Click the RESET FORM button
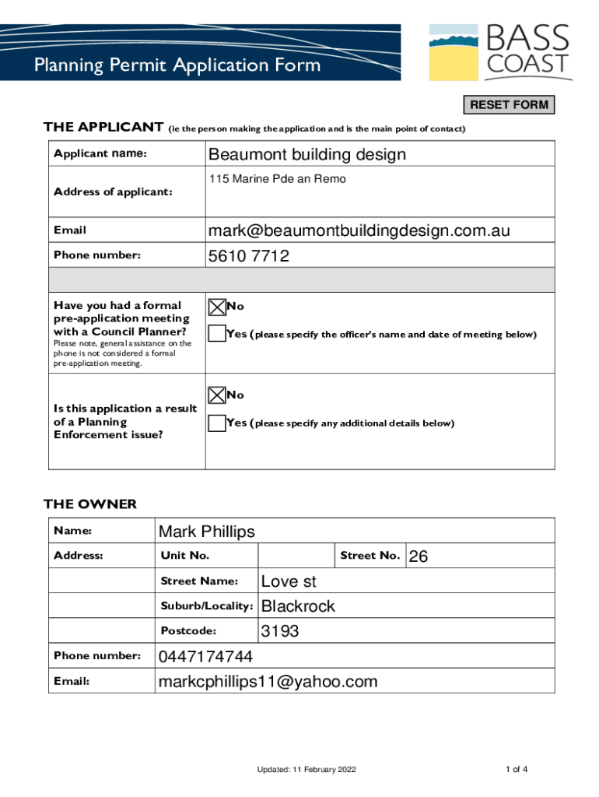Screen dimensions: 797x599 pos(510,105)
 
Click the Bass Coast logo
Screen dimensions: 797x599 pos(500,52)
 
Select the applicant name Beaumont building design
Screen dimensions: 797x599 pos(307,154)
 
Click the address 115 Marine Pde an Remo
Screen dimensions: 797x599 pos(277,179)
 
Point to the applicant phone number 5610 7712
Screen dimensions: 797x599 pos(249,255)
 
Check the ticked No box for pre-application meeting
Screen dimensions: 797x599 pos(217,307)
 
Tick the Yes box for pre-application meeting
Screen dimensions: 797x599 pos(217,334)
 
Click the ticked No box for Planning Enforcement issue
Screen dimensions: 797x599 pos(217,395)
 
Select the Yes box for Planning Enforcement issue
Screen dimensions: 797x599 pos(217,423)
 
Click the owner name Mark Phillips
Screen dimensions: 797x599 pos(207,532)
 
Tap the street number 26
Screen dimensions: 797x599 pos(419,556)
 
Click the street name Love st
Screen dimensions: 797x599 pos(289,581)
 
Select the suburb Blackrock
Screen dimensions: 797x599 pos(298,606)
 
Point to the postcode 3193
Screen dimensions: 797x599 pos(280,631)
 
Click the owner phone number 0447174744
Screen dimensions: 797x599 pos(205,656)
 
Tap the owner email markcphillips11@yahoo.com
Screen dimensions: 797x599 pos(268,682)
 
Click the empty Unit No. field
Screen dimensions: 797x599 pos(296,556)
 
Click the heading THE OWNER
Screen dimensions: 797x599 pos(90,504)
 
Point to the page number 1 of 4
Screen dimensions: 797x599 pos(517,770)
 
